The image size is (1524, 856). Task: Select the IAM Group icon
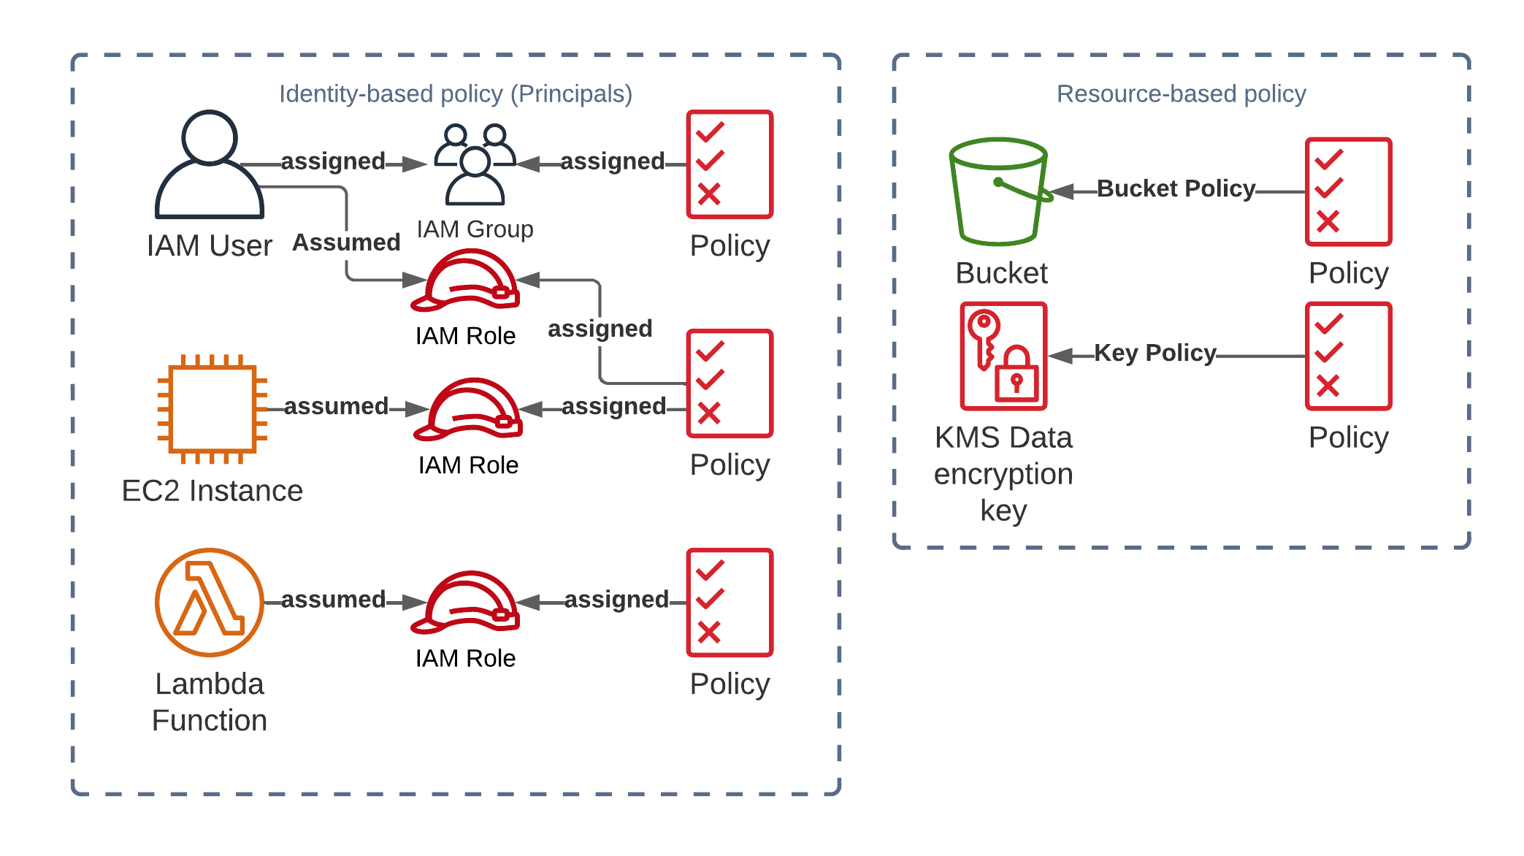[x=475, y=164]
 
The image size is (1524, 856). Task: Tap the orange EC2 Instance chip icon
[x=212, y=409]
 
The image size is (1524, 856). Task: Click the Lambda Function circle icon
[x=210, y=602]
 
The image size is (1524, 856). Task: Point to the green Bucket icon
[x=1000, y=191]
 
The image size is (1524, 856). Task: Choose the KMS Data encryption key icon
[x=1003, y=356]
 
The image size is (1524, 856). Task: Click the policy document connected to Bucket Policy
[x=1348, y=191]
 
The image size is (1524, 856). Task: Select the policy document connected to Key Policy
[x=1348, y=356]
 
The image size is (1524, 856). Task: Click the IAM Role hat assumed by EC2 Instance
[x=468, y=409]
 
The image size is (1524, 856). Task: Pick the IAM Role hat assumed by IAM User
[x=465, y=280]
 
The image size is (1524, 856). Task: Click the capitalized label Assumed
[x=346, y=242]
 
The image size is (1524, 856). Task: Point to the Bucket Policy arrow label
[x=1176, y=188]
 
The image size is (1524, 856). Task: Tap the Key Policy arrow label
[x=1155, y=353]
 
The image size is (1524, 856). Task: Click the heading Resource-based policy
[x=1181, y=93]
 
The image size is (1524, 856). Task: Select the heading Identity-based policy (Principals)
[x=456, y=93]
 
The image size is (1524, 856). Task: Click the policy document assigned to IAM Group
[x=730, y=164]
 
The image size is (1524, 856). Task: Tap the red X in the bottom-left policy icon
[x=708, y=632]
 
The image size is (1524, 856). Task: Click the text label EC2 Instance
[x=212, y=491]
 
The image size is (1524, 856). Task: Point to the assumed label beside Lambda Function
[x=333, y=600]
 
